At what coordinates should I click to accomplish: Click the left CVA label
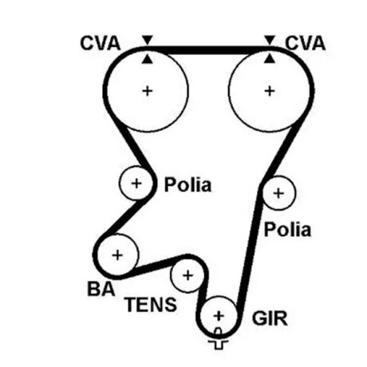[x=101, y=43]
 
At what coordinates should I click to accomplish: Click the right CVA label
[x=306, y=43]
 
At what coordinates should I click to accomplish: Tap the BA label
[x=101, y=289]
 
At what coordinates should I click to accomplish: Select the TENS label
[x=151, y=305]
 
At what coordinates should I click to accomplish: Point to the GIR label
[x=270, y=318]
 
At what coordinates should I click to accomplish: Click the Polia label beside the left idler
[x=187, y=184]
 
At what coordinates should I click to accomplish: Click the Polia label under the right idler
[x=287, y=230]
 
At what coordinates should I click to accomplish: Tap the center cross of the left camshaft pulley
[x=148, y=91]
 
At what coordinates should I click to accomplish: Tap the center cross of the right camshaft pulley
[x=270, y=91]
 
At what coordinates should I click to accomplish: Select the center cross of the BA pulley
[x=117, y=255]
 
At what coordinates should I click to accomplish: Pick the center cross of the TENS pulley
[x=187, y=275]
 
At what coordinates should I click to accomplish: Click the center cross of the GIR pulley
[x=219, y=316]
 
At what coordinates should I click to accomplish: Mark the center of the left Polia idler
[x=136, y=183]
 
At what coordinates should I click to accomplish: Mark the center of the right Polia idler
[x=278, y=193]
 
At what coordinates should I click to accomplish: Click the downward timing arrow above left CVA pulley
[x=148, y=40]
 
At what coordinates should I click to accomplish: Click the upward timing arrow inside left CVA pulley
[x=148, y=59]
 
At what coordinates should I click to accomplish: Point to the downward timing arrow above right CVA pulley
[x=270, y=40]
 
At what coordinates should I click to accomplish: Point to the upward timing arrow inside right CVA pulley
[x=270, y=59]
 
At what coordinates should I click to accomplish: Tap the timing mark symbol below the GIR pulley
[x=218, y=339]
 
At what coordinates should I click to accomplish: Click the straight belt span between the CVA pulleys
[x=208, y=50]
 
